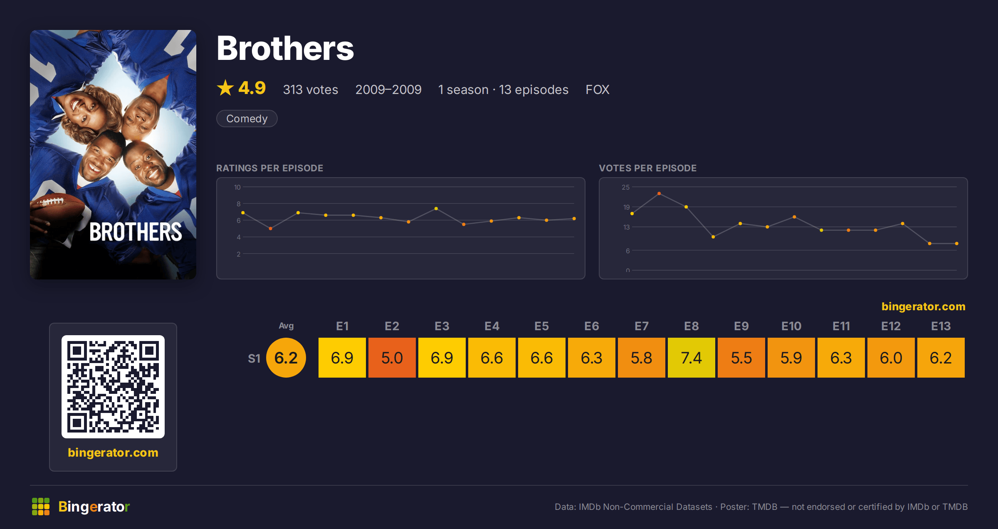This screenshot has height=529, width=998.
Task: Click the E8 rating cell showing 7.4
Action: click(x=691, y=358)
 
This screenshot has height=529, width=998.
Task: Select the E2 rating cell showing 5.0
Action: click(x=392, y=358)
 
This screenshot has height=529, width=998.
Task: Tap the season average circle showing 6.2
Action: click(x=286, y=358)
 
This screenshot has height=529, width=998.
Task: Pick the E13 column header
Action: click(x=941, y=326)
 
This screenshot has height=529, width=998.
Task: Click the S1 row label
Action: click(x=254, y=358)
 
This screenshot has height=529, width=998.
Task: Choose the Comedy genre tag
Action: click(x=247, y=119)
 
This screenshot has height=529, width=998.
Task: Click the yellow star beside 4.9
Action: click(x=225, y=88)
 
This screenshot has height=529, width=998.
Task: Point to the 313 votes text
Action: click(x=311, y=89)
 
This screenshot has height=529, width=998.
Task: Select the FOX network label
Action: click(x=598, y=89)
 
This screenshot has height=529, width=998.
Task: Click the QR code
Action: click(x=113, y=387)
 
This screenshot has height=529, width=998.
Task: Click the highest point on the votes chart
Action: click(x=659, y=193)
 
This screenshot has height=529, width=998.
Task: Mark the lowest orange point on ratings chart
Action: click(x=270, y=228)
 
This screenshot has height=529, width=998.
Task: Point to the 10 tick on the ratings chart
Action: click(x=237, y=187)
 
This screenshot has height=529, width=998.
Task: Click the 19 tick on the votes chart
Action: click(x=626, y=207)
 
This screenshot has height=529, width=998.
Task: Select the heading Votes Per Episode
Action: click(x=647, y=168)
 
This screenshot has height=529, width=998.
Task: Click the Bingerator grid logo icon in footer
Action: click(x=41, y=507)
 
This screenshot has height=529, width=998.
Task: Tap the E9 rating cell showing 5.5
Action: click(x=741, y=358)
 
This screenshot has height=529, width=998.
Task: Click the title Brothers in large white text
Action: click(x=285, y=48)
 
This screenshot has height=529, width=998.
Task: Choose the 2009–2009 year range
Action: click(x=388, y=89)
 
